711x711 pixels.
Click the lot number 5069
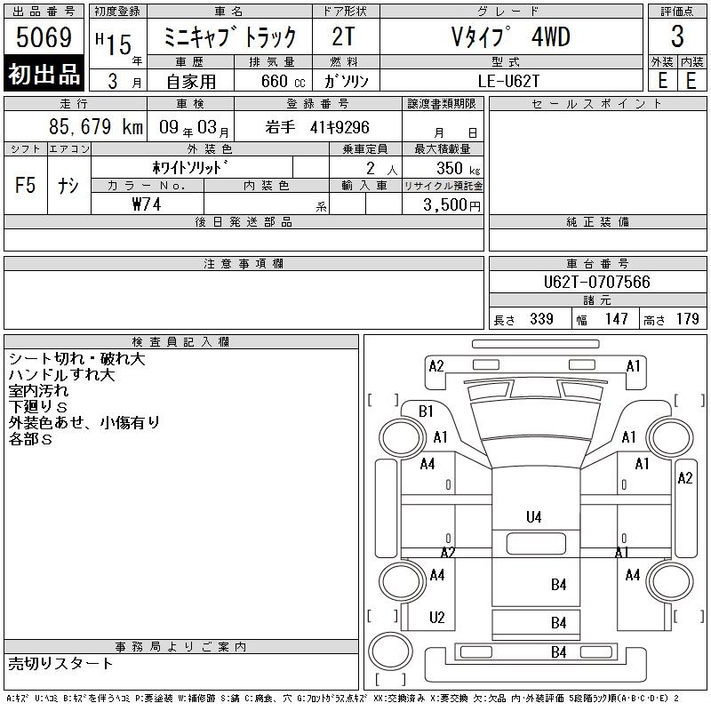tap(44, 37)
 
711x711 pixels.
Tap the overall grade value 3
tap(677, 36)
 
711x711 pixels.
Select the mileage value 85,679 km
tap(96, 126)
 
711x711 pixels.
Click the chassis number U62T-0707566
tap(596, 282)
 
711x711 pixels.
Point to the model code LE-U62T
tap(508, 81)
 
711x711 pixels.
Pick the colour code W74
tap(147, 204)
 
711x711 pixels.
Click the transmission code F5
tap(25, 185)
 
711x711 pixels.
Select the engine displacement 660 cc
tap(283, 81)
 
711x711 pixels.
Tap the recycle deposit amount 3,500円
tap(451, 204)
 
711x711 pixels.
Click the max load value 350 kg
tap(458, 168)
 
